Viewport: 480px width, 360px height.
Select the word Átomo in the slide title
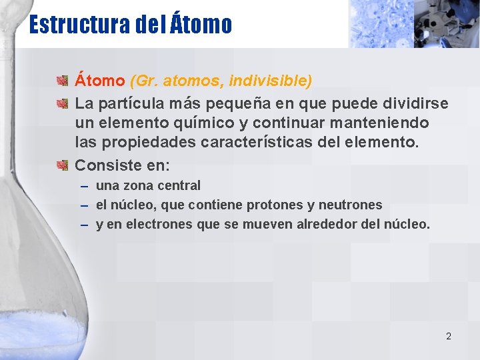[201, 25]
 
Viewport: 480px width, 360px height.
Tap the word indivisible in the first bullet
[270, 81]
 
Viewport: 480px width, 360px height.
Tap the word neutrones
[350, 205]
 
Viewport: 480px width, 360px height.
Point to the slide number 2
[448, 336]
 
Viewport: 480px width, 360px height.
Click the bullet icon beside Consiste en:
[63, 165]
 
